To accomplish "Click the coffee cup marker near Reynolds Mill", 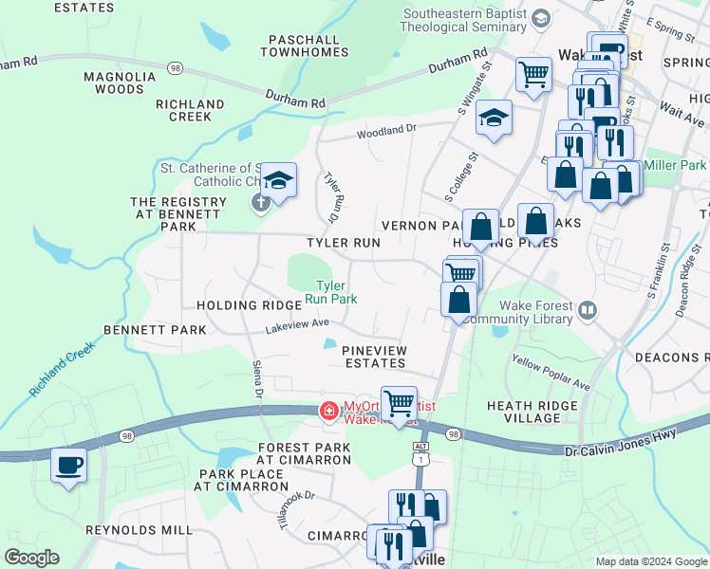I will coord(68,466).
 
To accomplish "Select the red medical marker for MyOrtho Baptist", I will coord(328,411).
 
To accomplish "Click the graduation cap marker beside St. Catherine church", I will coord(278,179).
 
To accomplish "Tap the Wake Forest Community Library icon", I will coord(588,310).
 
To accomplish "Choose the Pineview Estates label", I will coord(374,357).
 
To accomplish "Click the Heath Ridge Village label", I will coord(536,412).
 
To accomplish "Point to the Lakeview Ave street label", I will coord(299,324).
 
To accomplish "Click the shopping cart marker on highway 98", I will coord(399,402).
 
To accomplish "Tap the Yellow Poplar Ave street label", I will coord(551,373).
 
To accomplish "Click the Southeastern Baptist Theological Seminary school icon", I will coord(540,19).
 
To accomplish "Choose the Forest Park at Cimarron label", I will coord(304,453).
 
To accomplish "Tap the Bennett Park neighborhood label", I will coord(155,330).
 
